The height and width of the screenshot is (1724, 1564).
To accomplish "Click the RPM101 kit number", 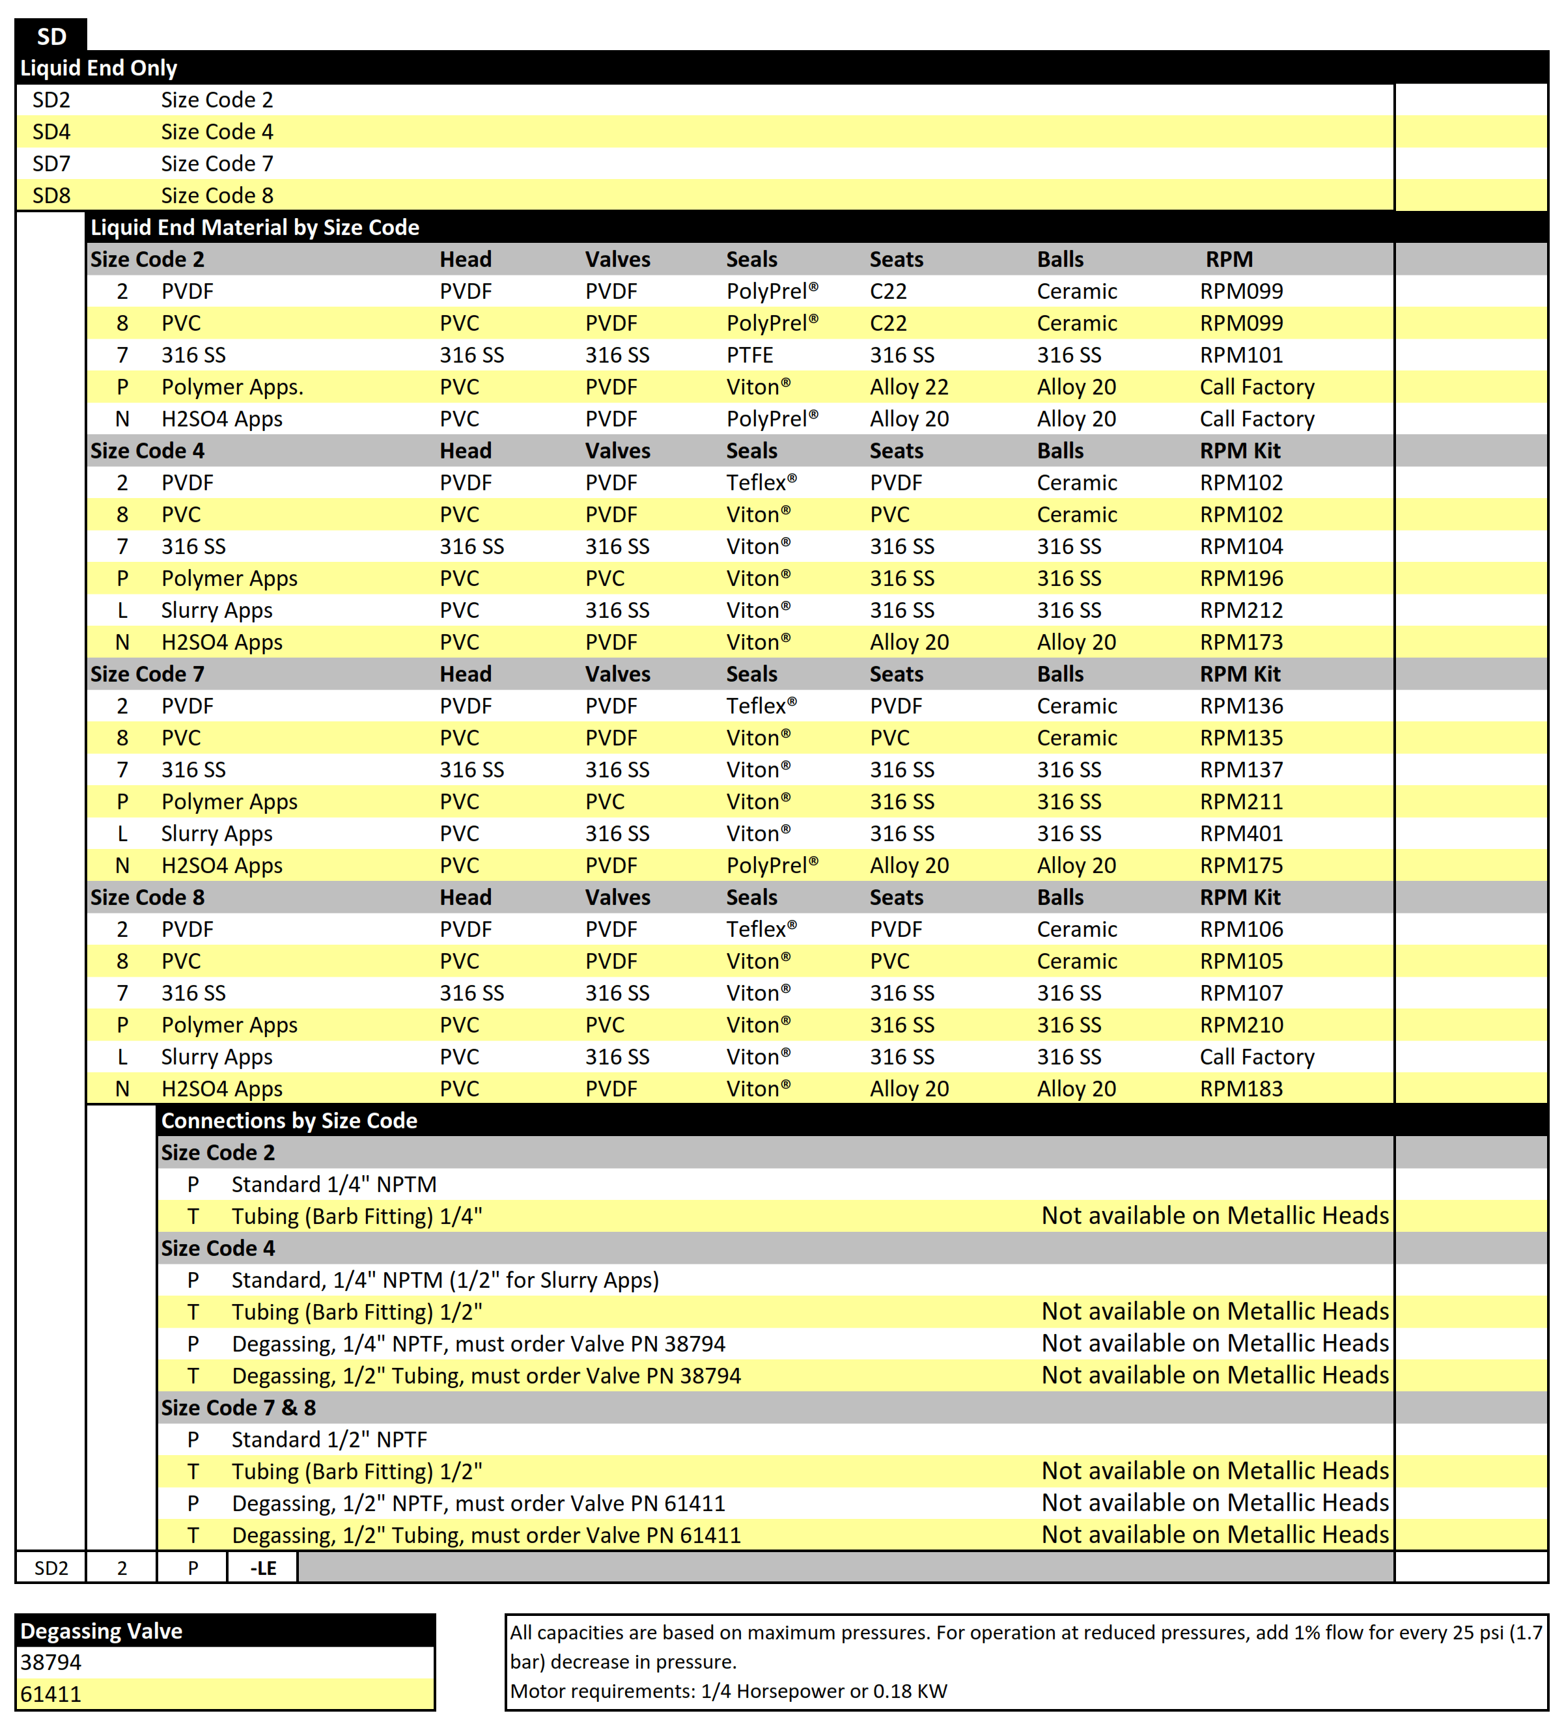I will pos(1241,355).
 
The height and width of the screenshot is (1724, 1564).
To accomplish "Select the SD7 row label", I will pos(51,163).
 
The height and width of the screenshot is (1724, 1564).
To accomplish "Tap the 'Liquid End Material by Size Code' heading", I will pos(255,227).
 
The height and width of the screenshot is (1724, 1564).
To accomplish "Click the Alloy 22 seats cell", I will pos(909,387).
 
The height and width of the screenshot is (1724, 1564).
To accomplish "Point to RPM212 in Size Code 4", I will pos(1241,611).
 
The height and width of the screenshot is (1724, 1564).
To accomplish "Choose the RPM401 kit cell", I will pos(1241,834).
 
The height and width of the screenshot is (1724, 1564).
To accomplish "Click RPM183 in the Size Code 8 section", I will pos(1241,1089).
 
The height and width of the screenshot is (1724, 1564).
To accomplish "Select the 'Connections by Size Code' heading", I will pos(289,1121).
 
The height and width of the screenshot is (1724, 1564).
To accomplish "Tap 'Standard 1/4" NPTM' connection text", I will pos(333,1184).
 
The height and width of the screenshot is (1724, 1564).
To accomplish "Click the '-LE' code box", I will pos(262,1568).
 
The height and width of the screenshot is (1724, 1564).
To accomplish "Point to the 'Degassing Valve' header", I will pos(101,1631).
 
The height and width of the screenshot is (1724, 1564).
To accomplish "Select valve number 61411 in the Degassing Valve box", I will pos(50,1694).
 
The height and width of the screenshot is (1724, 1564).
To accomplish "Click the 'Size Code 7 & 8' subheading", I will pos(238,1408).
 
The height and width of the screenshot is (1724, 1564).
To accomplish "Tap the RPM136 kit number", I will pos(1241,706).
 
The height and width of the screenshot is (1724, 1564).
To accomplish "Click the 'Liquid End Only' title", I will pos(98,68).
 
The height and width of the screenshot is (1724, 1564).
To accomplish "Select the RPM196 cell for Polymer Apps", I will pos(1241,579).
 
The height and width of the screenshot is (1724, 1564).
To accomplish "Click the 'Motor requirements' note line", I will pos(728,1691).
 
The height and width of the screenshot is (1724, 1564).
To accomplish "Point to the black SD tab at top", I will pos(51,36).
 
